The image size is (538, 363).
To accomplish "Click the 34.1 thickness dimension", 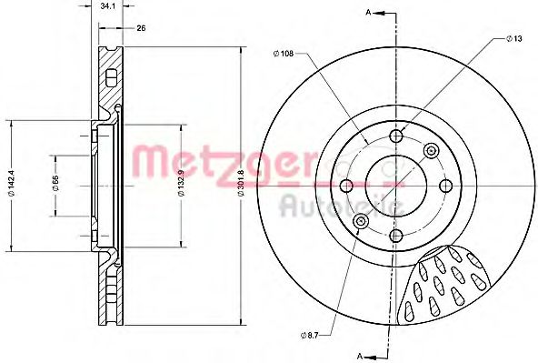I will tap(109, 6).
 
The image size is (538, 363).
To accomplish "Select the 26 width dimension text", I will tap(140, 27).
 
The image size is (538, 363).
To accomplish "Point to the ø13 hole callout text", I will tap(514, 39).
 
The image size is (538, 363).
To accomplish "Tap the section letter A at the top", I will tap(367, 11).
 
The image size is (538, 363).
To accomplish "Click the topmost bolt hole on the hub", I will tap(395, 137).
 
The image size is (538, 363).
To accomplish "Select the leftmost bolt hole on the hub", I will tap(346, 186).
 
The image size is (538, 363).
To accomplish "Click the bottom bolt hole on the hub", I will tap(395, 235).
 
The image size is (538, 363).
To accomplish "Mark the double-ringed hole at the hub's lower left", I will tap(361, 221).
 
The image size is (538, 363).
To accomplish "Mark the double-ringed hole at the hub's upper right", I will tap(430, 150).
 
